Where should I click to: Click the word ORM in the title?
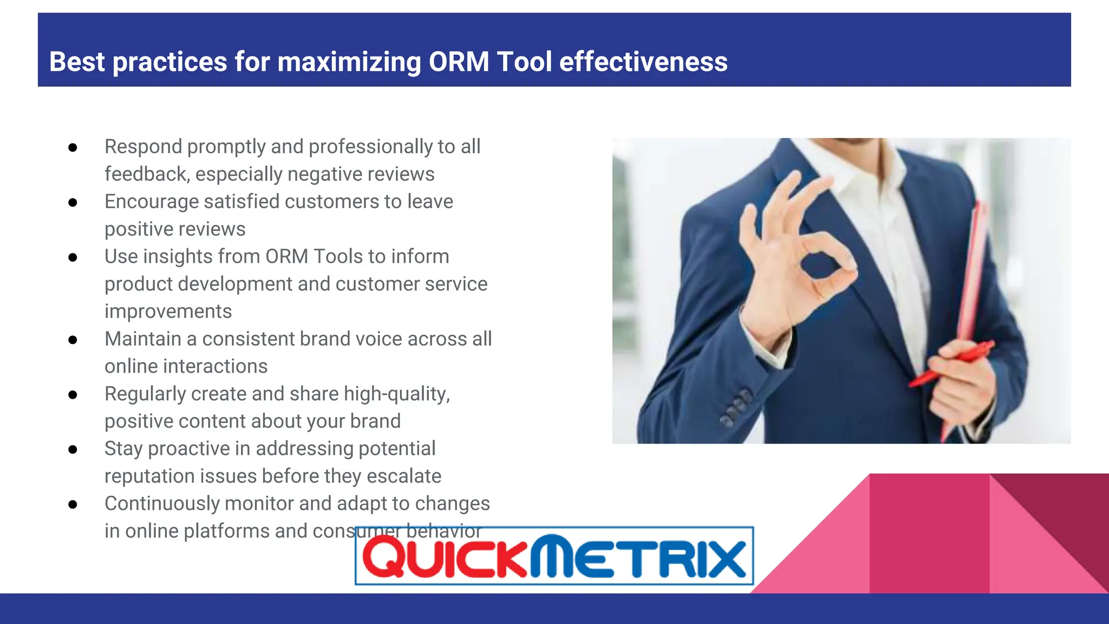click(459, 62)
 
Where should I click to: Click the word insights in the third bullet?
click(175, 256)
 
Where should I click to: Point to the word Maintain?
click(142, 339)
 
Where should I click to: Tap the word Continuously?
click(161, 503)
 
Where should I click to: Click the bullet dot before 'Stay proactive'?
click(73, 449)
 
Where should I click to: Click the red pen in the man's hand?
click(953, 363)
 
